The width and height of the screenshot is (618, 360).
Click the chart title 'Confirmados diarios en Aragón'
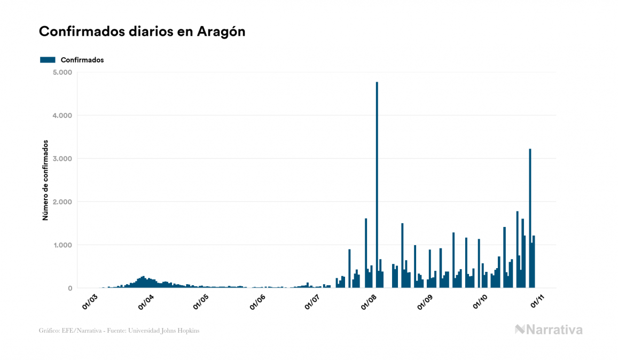coord(142,32)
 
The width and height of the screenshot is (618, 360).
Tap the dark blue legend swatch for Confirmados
coord(48,60)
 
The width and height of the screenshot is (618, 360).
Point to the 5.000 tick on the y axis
coord(63,72)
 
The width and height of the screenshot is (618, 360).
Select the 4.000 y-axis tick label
coord(63,115)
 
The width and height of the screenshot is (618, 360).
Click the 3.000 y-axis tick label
coord(63,159)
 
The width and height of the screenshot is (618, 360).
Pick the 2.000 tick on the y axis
coord(63,202)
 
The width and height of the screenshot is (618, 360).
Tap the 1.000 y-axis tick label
coord(63,245)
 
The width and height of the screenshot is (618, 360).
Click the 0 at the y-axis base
coord(70,288)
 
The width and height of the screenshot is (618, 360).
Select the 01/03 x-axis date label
coord(90,301)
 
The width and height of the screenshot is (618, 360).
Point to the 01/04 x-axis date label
coord(146,301)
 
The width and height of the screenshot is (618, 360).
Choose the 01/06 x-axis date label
coord(257,301)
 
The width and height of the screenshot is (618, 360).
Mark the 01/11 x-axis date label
coord(536,301)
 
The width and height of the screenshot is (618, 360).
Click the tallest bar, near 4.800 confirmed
coord(377,187)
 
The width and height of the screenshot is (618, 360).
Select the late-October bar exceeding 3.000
coord(530,219)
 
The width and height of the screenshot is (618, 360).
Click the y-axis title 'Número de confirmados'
coord(45,180)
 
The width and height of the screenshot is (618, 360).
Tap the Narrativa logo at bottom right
coord(549,330)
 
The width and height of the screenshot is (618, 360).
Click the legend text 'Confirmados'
coord(82,60)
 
